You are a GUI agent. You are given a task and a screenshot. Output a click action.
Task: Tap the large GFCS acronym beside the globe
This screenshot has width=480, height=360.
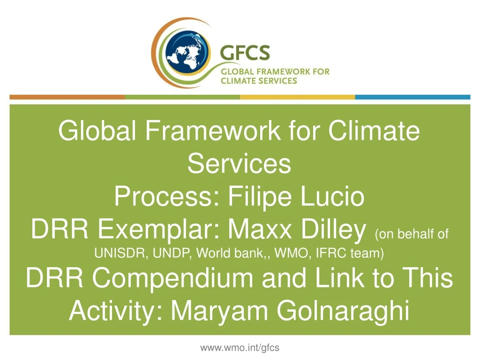click(245, 52)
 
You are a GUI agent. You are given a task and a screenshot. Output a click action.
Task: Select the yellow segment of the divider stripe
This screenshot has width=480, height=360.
click(297, 97)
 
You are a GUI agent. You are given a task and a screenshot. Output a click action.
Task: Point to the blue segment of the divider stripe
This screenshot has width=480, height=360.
click(412, 97)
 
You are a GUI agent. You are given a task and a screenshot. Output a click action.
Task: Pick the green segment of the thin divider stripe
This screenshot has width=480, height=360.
click(182, 97)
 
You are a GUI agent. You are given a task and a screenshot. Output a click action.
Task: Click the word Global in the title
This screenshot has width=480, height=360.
click(97, 131)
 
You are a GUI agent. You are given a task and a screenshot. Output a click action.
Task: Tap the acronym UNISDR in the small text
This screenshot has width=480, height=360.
click(118, 254)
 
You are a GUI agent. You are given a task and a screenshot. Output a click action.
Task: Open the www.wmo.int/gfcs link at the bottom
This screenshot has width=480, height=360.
click(240, 347)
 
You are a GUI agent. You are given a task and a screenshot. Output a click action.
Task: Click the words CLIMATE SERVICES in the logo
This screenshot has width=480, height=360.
click(259, 81)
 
